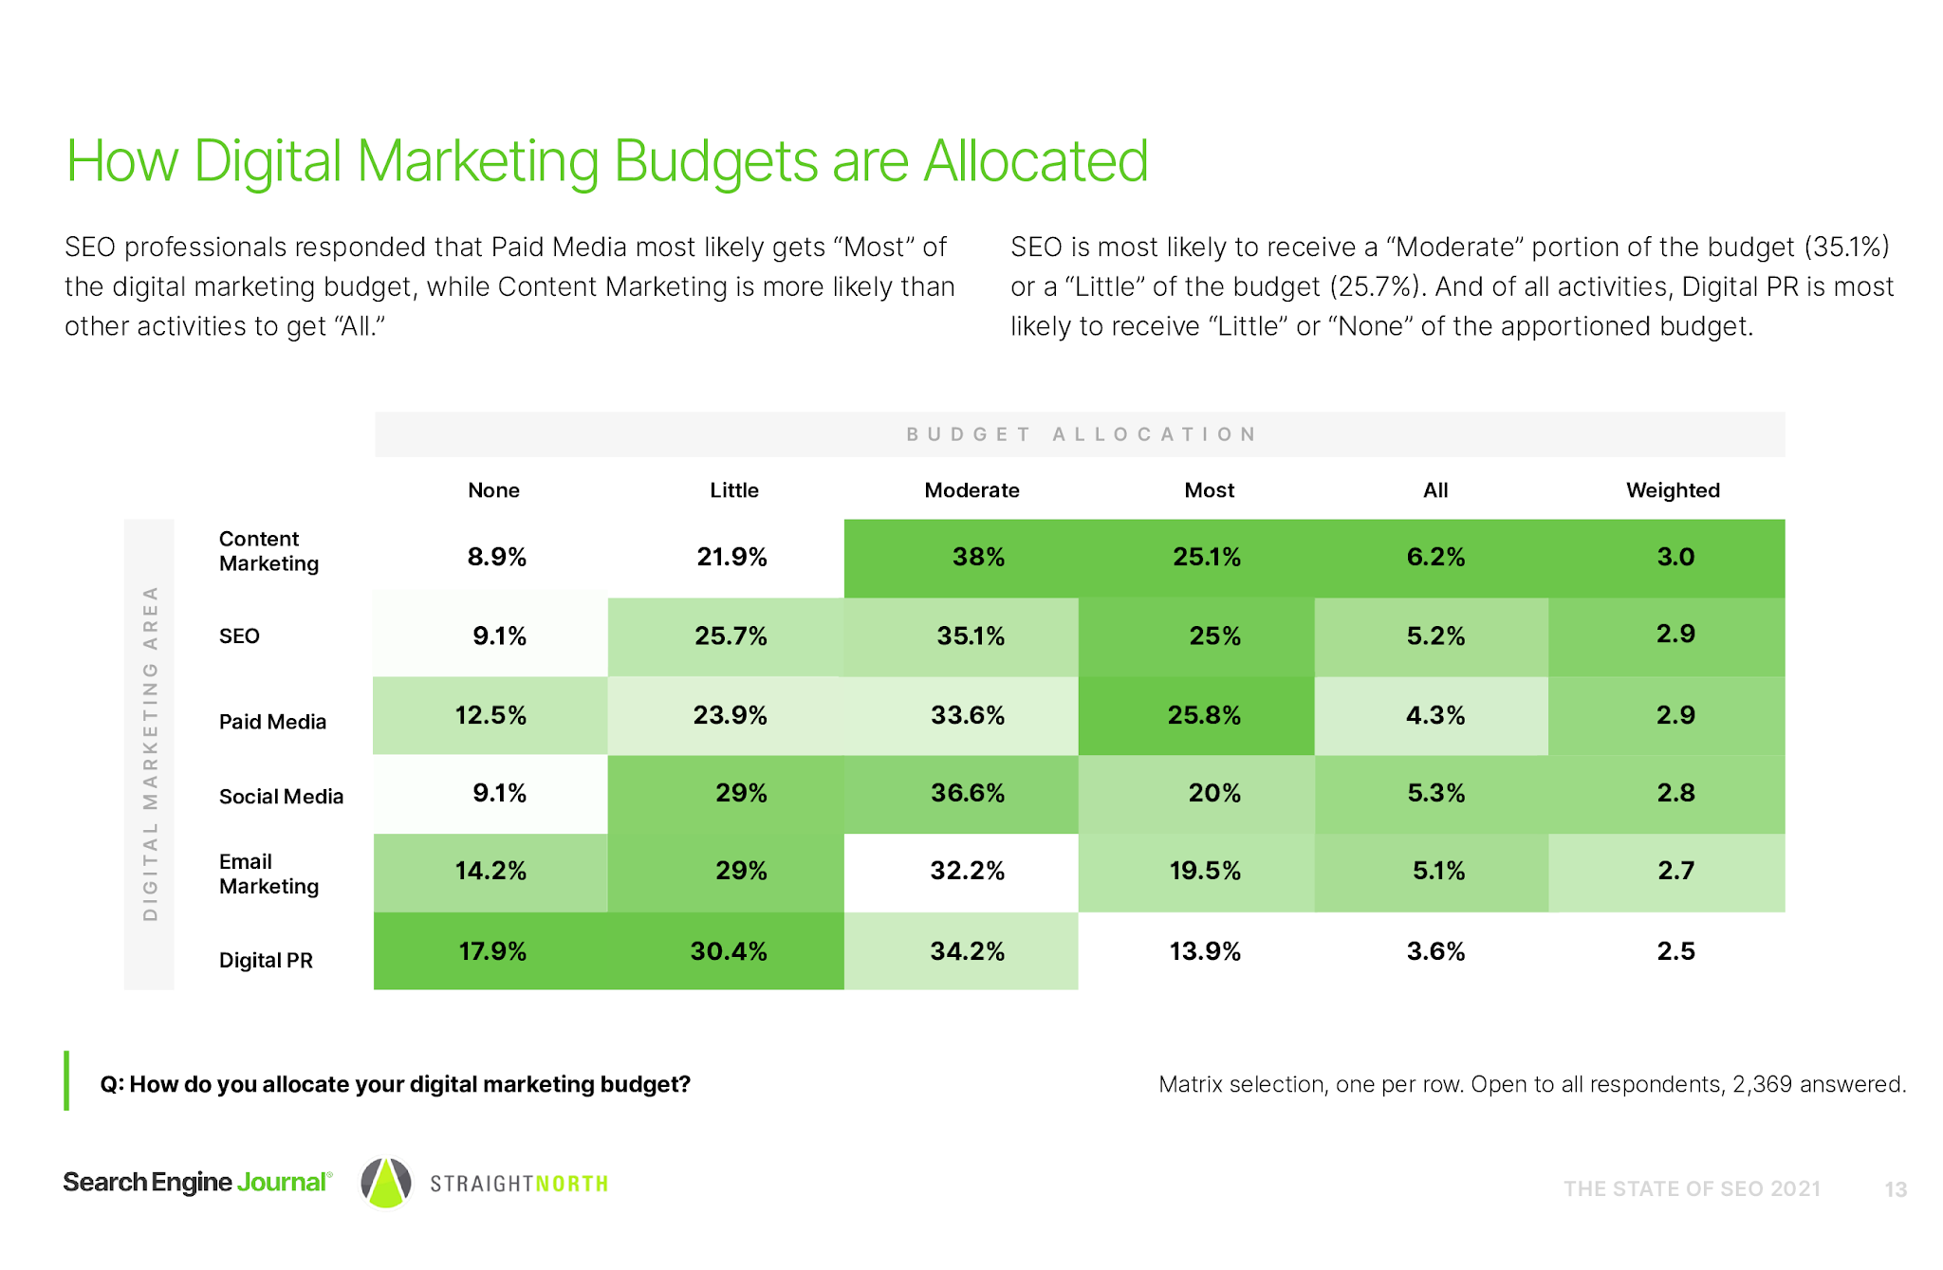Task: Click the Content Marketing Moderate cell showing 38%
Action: tap(977, 557)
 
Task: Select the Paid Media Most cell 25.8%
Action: tap(1203, 715)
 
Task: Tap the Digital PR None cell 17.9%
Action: tap(492, 951)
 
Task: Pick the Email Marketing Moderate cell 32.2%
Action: tap(967, 871)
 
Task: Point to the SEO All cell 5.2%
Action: tap(1434, 636)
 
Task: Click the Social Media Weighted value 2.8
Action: tap(1675, 793)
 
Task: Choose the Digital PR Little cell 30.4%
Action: tap(728, 951)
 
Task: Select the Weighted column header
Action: tap(1672, 490)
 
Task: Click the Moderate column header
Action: tap(971, 490)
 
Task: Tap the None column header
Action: tap(493, 490)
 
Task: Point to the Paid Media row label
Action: tap(272, 722)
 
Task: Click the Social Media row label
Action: tap(281, 797)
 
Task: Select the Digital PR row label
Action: tap(266, 960)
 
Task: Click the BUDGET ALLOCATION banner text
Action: tap(1081, 434)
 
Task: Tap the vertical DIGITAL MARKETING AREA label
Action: tap(150, 753)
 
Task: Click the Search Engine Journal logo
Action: tap(197, 1183)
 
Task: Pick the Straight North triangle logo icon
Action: tap(386, 1184)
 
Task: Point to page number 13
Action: tap(1895, 1189)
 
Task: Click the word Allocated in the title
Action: tap(1035, 161)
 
